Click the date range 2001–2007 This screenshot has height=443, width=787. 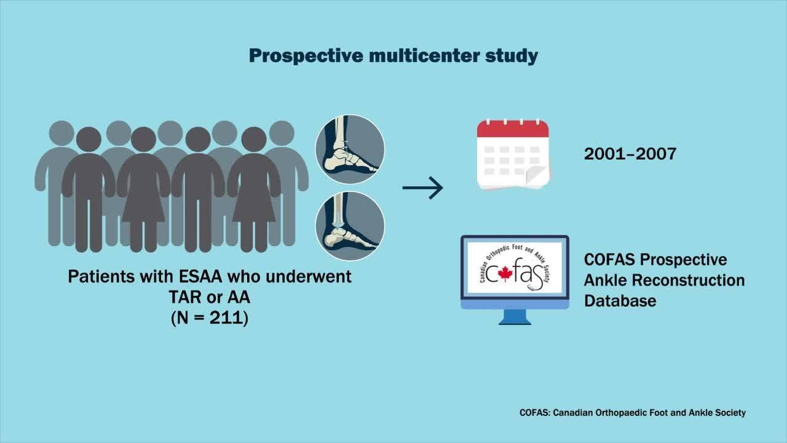pyautogui.click(x=630, y=153)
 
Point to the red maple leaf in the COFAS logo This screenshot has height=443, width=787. pyautogui.click(x=505, y=274)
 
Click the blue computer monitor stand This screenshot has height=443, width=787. pyautogui.click(x=515, y=317)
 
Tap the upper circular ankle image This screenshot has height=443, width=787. pyautogui.click(x=350, y=150)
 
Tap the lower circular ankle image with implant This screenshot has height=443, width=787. pyautogui.click(x=350, y=226)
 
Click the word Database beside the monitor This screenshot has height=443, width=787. pyautogui.click(x=620, y=301)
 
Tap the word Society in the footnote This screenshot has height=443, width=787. pyautogui.click(x=728, y=412)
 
